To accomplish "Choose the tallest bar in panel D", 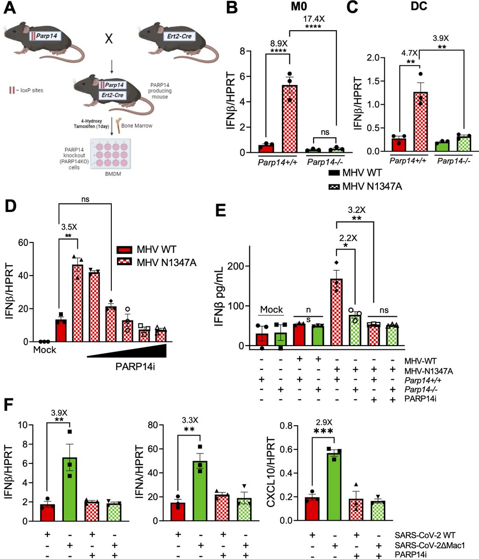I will (77, 303).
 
